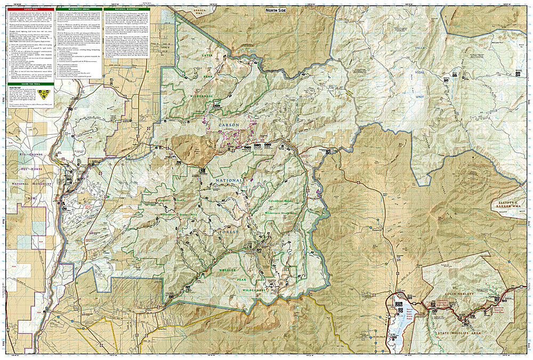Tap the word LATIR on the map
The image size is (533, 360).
coord(207,55)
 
